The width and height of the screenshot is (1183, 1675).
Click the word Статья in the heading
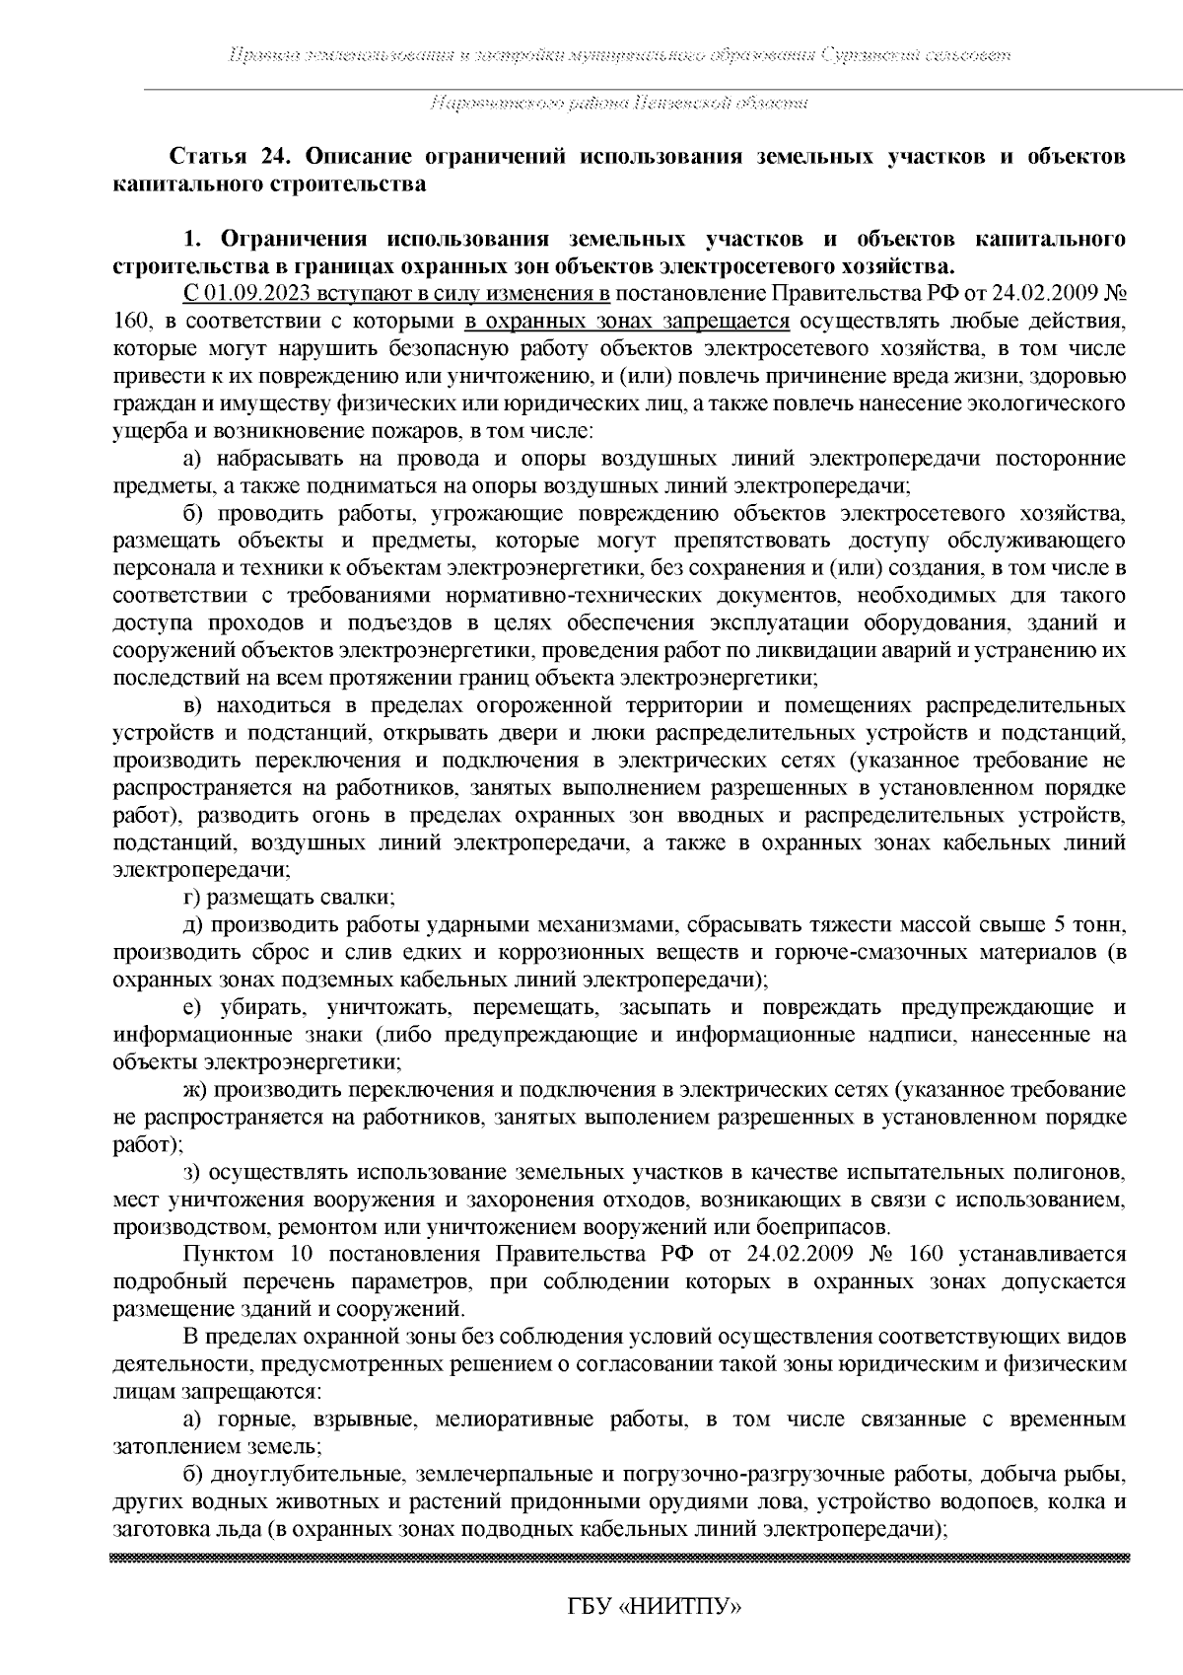tap(206, 158)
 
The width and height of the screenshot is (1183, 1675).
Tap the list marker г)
tap(192, 898)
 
